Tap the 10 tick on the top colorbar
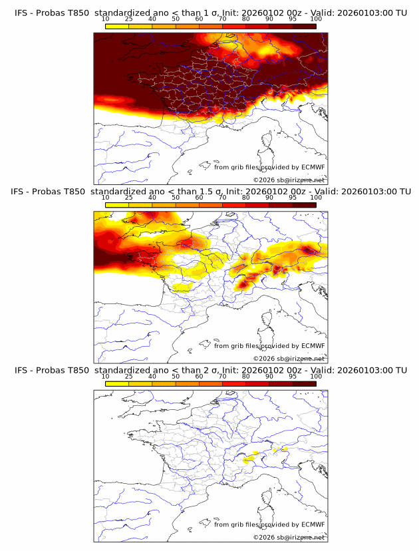[106, 19]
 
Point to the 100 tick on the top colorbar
[316, 19]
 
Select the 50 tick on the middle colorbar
[176, 198]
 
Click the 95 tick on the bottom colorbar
[293, 376]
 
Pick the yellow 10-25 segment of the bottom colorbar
[117, 383]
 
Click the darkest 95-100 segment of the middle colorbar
[304, 205]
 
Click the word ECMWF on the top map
[313, 167]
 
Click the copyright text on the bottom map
[289, 537]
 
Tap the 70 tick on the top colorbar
[222, 19]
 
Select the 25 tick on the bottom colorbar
[129, 376]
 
